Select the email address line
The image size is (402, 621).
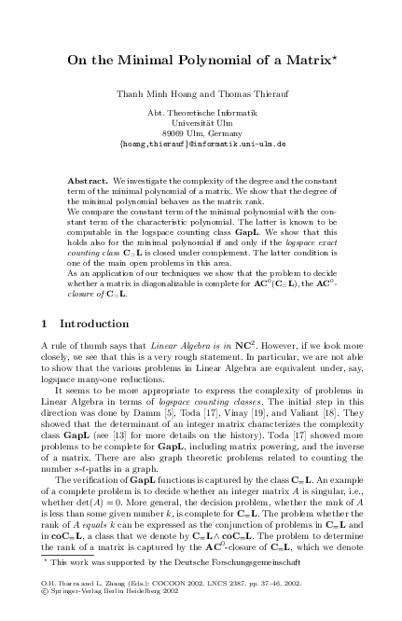[x=201, y=145]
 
